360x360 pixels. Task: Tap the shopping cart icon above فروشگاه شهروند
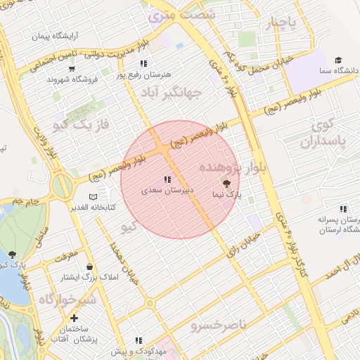click(x=72, y=69)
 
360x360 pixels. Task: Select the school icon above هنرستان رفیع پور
click(x=144, y=63)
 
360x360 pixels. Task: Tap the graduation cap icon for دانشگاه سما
click(x=338, y=60)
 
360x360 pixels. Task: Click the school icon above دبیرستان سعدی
click(x=167, y=180)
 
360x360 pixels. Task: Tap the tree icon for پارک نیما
click(x=226, y=182)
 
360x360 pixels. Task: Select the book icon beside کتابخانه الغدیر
click(x=94, y=195)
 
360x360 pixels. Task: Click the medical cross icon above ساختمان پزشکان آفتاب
click(x=74, y=318)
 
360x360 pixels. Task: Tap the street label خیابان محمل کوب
click(x=268, y=64)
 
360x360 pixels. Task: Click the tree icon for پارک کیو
click(x=12, y=255)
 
